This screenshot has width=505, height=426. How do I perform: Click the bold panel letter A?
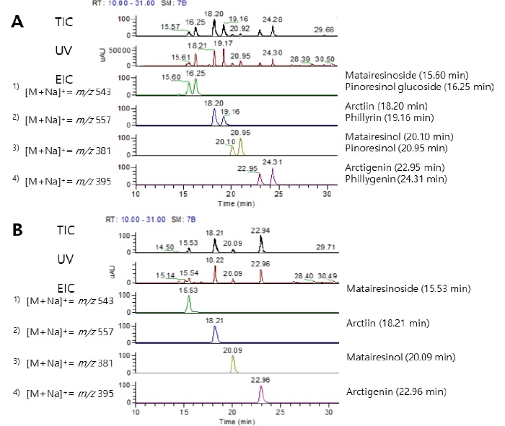(19, 22)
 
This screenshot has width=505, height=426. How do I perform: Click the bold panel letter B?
(19, 232)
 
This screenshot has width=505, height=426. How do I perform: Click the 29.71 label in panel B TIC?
(326, 247)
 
